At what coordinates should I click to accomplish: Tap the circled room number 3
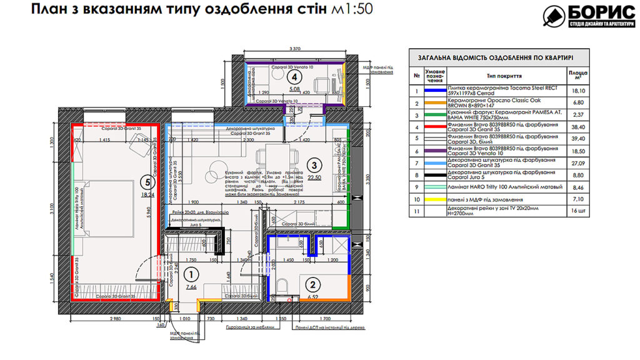pos(315,166)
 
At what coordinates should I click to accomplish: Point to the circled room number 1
pos(192,274)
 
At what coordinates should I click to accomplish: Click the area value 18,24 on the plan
pos(147,194)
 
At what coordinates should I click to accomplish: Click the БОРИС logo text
pos(596,13)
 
